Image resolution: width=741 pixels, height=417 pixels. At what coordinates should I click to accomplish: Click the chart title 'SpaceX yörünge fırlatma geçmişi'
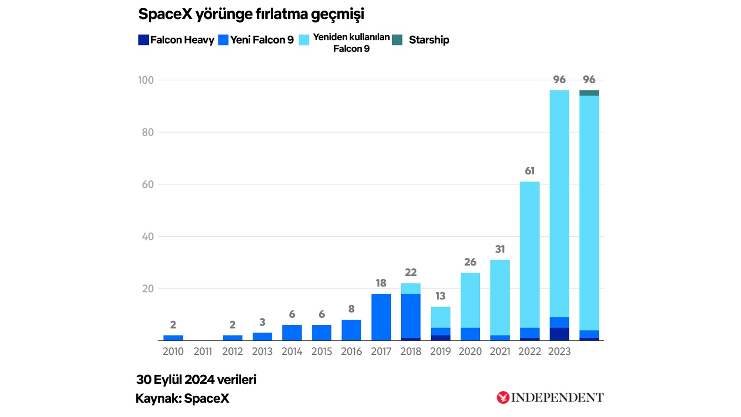[x=251, y=14]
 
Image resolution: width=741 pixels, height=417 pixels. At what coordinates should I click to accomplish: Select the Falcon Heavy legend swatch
[x=143, y=40]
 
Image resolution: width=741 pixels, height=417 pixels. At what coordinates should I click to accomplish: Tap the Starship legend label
[x=429, y=40]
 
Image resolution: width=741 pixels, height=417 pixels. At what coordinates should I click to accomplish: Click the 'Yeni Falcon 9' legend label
[x=262, y=40]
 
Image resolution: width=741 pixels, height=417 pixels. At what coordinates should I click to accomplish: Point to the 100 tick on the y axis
[x=146, y=80]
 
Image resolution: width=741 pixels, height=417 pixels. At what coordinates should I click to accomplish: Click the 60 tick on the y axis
[x=148, y=184]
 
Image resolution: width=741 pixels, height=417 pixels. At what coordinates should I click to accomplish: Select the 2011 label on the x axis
[x=203, y=352]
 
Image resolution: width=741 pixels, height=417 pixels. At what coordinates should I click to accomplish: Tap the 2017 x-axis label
[x=381, y=352]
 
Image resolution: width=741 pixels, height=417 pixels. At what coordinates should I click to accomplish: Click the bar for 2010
[x=173, y=338]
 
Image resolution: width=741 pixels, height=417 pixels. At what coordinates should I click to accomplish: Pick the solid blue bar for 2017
[x=381, y=317]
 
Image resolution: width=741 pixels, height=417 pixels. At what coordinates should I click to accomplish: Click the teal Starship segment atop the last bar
[x=589, y=93]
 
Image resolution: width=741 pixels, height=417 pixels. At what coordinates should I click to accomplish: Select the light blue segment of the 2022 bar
[x=530, y=255]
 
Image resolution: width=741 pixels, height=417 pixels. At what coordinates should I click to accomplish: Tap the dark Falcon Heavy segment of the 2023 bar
[x=559, y=334]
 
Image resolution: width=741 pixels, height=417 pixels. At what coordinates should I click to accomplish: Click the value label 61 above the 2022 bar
[x=530, y=171]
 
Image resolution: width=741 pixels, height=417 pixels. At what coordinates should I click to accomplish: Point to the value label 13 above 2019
[x=440, y=296]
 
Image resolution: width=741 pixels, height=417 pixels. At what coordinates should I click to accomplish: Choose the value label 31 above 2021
[x=500, y=249]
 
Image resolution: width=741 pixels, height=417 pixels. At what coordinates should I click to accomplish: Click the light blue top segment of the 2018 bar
[x=411, y=289]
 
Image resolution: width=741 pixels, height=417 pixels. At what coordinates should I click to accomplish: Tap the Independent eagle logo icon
[x=503, y=398]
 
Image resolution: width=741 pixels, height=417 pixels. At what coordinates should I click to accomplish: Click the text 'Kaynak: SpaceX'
[x=182, y=398]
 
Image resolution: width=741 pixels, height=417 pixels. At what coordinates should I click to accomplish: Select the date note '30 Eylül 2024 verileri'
[x=196, y=380]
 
